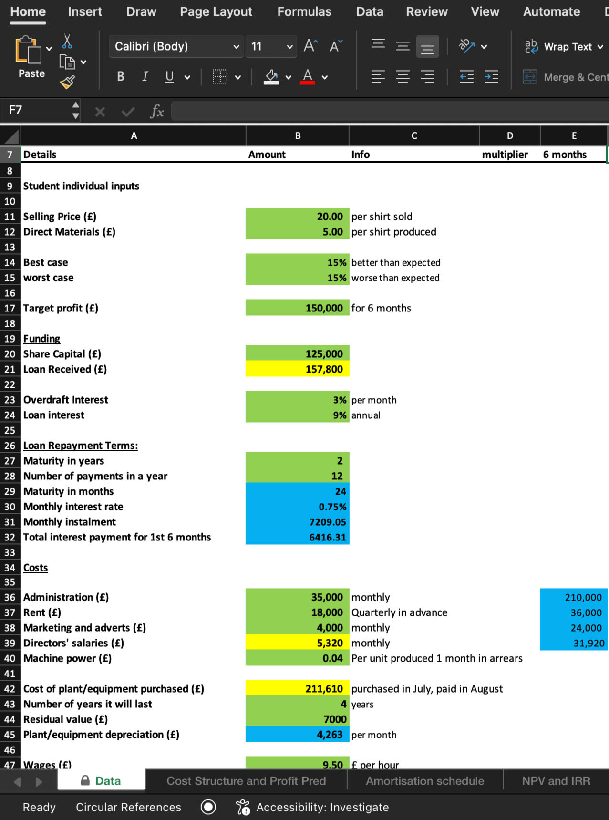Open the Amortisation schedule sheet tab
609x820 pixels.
[424, 781]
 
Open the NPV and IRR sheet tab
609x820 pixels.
[556, 781]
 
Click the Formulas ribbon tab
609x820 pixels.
[304, 12]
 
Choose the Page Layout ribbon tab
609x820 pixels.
[216, 12]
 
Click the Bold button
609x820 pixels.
[121, 76]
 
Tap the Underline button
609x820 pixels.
[169, 76]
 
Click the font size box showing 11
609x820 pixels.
[265, 46]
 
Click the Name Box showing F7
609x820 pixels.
[38, 110]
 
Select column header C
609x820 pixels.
[414, 136]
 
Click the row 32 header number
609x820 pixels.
[10, 537]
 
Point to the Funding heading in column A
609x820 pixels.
[42, 339]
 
